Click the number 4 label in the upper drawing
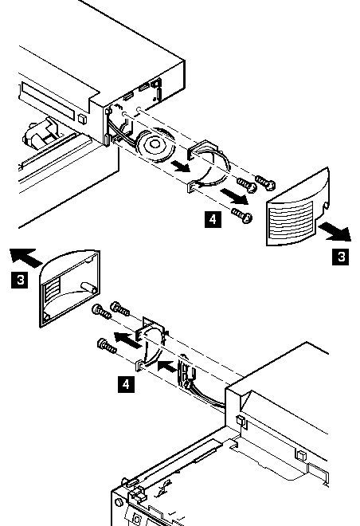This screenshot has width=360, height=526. tap(213, 219)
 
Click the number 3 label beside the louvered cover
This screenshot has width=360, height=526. tap(341, 257)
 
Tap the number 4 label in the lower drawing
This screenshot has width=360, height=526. tap(126, 384)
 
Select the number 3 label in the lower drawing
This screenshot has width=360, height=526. tap(20, 280)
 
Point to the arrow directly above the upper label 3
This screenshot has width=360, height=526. tap(335, 233)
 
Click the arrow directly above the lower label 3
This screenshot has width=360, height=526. tap(25, 257)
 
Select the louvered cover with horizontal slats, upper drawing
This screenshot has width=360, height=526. tap(298, 208)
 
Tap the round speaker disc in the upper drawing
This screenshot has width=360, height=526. tap(155, 145)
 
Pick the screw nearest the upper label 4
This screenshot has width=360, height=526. tap(242, 215)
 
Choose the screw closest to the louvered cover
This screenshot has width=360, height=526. tap(265, 182)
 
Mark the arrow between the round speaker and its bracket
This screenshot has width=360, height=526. tap(180, 166)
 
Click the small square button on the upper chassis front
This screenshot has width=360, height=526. tap(82, 119)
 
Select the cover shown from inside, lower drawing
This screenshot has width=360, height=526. tap(70, 288)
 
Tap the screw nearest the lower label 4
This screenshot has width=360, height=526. tap(107, 347)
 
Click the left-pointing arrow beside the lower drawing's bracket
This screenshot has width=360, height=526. tap(127, 340)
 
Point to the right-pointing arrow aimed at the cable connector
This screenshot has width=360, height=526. tap(167, 367)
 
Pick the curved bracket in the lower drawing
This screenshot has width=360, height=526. tap(151, 343)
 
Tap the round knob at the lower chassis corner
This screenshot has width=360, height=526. tap(119, 502)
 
